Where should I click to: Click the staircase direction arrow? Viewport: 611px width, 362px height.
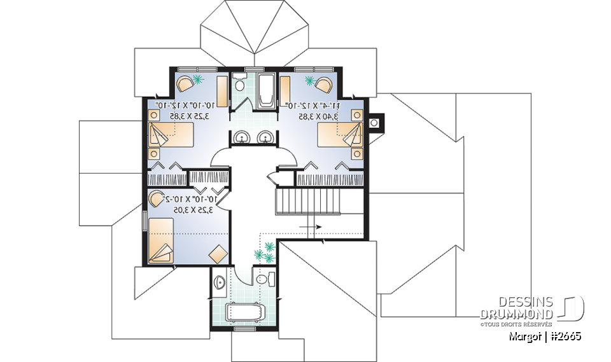click(310, 226)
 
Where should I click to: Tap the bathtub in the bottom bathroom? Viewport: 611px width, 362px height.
click(246, 312)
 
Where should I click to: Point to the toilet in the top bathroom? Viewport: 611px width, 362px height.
click(239, 83)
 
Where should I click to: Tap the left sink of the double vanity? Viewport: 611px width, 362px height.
click(242, 136)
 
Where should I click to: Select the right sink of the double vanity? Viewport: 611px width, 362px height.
click(265, 136)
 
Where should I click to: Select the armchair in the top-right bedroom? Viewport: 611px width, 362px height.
click(323, 83)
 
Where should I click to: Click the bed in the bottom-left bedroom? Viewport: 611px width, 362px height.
click(161, 240)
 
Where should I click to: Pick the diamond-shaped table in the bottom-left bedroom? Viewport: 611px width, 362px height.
click(218, 253)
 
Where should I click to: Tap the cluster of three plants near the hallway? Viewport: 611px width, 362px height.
click(265, 251)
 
